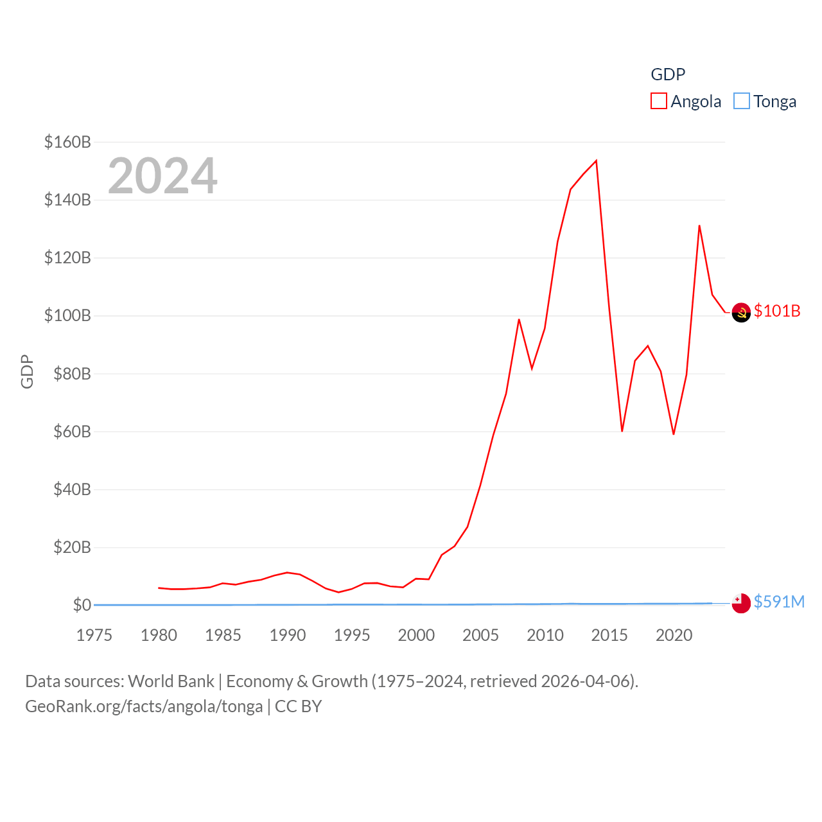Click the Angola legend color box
pyautogui.click(x=659, y=101)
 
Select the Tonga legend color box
pyautogui.click(x=742, y=101)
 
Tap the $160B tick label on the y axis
pyautogui.click(x=67, y=142)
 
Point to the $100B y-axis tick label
pyautogui.click(x=67, y=315)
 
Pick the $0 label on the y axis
pyautogui.click(x=82, y=605)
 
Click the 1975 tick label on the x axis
pyautogui.click(x=94, y=635)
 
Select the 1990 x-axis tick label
pyautogui.click(x=288, y=635)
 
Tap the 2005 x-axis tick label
pyautogui.click(x=481, y=635)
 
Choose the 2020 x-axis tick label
pyautogui.click(x=674, y=635)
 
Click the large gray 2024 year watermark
pyautogui.click(x=162, y=176)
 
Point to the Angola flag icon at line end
pyautogui.click(x=741, y=312)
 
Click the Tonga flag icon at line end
pyautogui.click(x=741, y=603)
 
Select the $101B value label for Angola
pyautogui.click(x=777, y=311)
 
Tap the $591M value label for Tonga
pyautogui.click(x=779, y=602)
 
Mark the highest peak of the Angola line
pyautogui.click(x=597, y=161)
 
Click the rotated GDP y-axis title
pyautogui.click(x=27, y=371)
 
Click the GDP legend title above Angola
pyautogui.click(x=668, y=74)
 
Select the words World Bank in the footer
pyautogui.click(x=171, y=681)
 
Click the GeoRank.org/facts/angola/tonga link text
pyautogui.click(x=144, y=706)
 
